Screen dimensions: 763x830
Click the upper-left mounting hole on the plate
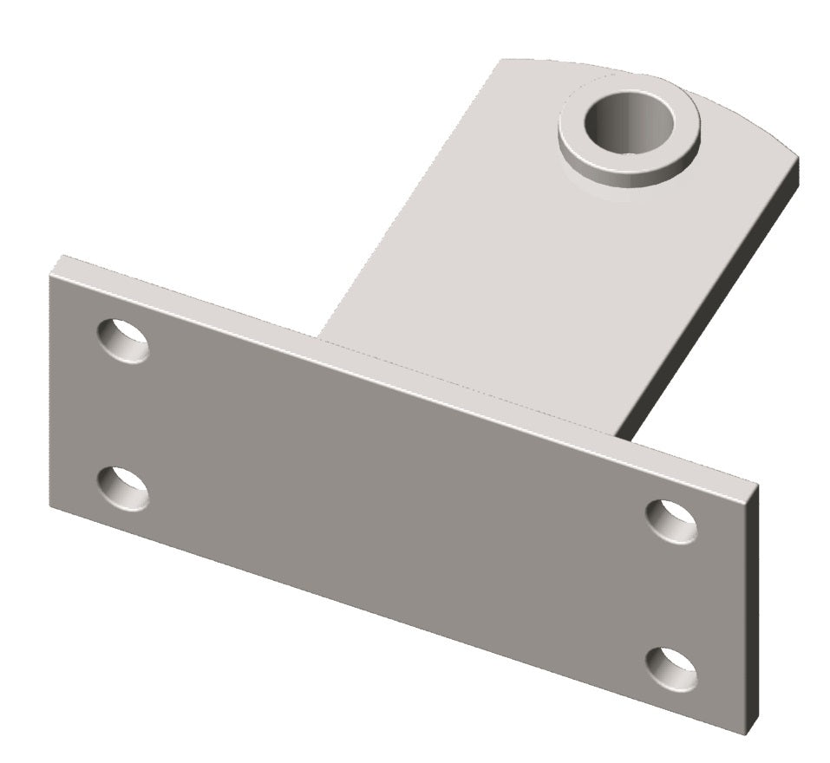pyautogui.click(x=122, y=341)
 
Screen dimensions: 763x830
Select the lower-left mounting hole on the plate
pyautogui.click(x=122, y=488)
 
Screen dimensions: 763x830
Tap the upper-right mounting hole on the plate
pyautogui.click(x=672, y=521)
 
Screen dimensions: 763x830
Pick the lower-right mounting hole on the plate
pyautogui.click(x=672, y=669)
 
